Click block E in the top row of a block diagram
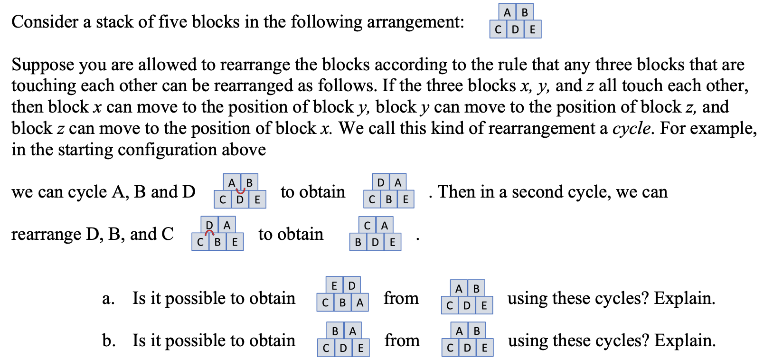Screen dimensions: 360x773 334,285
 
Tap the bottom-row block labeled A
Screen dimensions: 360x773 359,303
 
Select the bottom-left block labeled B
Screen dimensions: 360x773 358,243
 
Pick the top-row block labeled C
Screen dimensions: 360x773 367,225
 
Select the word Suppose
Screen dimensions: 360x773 42,65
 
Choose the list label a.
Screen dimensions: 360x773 108,298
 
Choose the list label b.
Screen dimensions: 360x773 108,341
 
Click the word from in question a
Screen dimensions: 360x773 401,298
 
